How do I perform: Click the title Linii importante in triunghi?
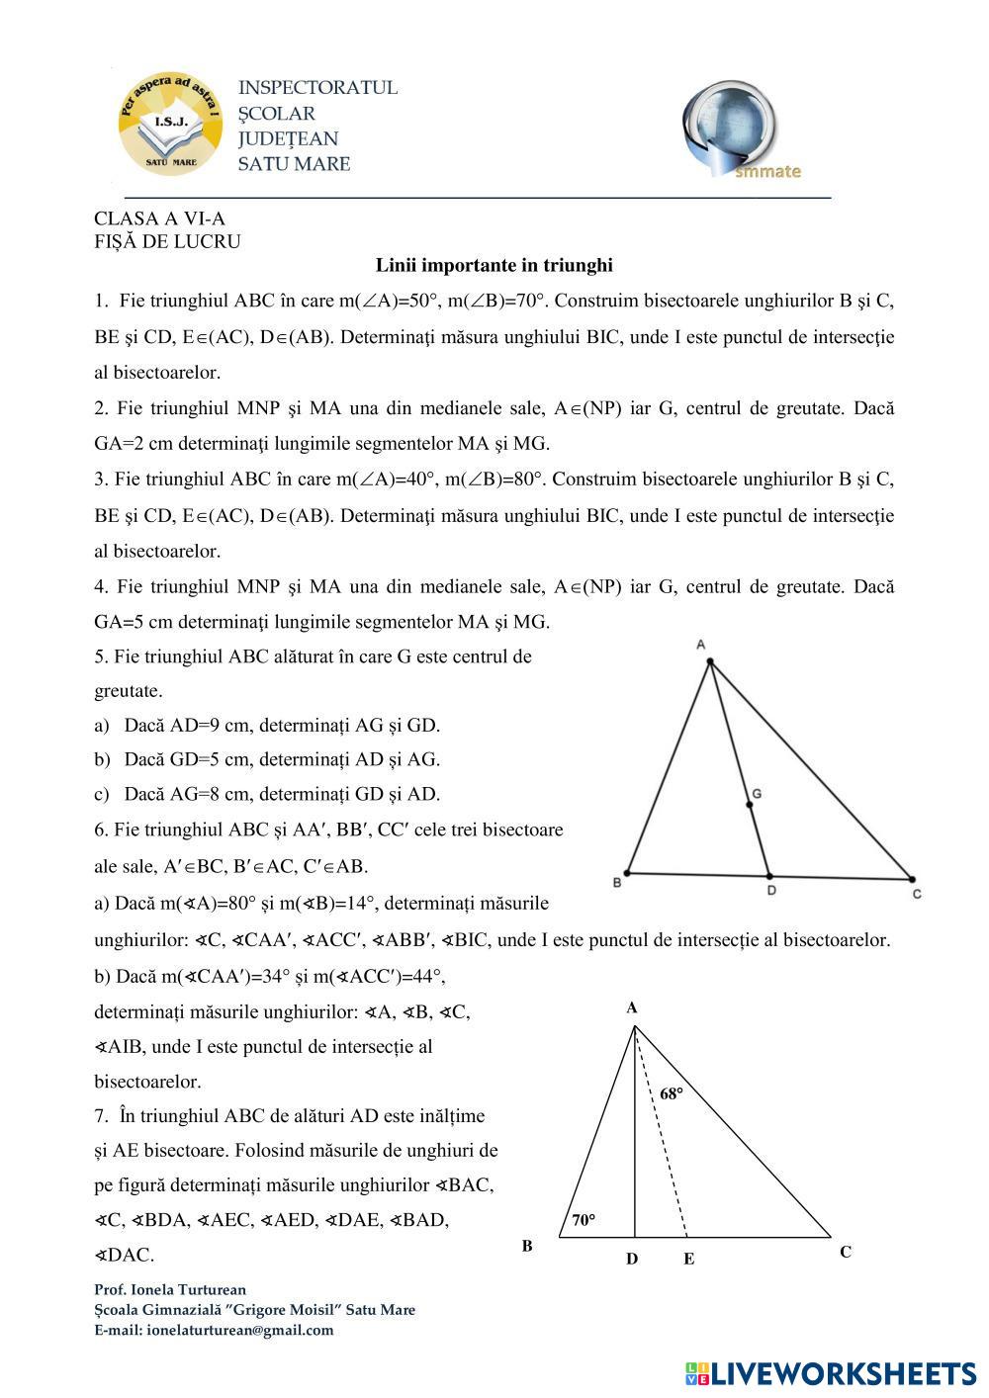[494, 265]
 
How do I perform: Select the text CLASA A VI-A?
[159, 218]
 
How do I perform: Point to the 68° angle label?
[672, 1093]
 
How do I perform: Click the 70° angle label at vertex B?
[584, 1220]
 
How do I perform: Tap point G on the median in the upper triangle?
[750, 805]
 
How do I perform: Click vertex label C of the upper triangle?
[917, 894]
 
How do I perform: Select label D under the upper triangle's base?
[771, 890]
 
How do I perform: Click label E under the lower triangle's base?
[688, 1260]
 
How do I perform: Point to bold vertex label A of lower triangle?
[631, 1008]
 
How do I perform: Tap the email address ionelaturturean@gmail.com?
[239, 1330]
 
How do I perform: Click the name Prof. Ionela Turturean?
[170, 1289]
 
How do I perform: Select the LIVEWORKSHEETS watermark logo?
[831, 1372]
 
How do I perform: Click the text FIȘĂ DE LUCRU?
[167, 241]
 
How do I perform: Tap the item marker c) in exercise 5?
[102, 794]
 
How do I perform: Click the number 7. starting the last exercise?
[102, 1116]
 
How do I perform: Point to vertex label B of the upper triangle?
[617, 882]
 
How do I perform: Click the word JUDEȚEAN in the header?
[288, 138]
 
